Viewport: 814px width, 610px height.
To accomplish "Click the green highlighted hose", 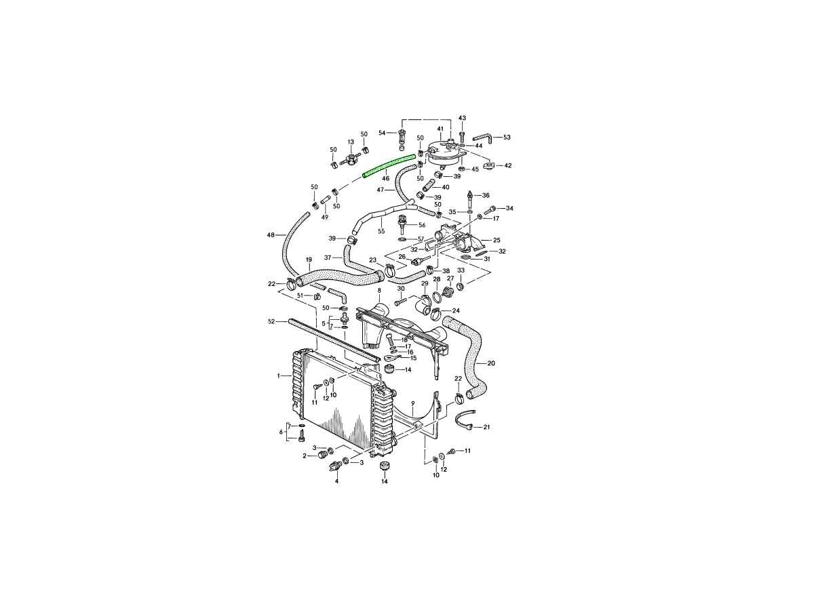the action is click(388, 166).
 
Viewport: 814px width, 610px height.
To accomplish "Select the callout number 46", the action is click(386, 178).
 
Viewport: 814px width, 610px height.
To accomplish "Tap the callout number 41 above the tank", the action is click(440, 129).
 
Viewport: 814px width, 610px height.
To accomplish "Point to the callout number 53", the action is click(507, 137).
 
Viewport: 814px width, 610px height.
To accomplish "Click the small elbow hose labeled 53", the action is click(483, 140).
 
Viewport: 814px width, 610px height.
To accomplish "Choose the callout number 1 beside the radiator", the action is click(279, 376).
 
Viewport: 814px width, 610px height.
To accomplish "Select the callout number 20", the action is click(491, 363).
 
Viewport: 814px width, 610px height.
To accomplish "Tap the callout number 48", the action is click(271, 235).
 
